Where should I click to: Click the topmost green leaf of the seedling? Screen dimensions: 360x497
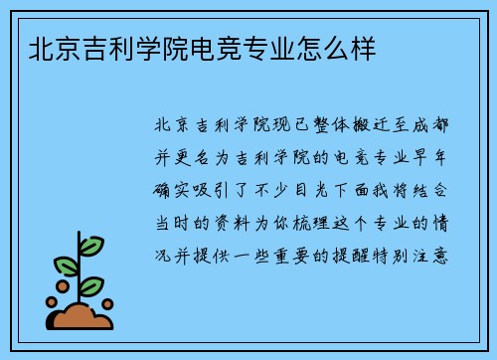point(91,245)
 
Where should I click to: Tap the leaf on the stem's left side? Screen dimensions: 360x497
point(66,266)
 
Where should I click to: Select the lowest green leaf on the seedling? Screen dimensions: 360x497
point(91,286)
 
